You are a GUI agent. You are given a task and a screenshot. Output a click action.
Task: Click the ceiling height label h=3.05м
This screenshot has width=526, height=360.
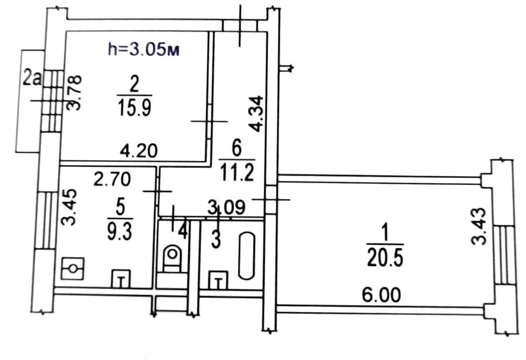(x=144, y=50)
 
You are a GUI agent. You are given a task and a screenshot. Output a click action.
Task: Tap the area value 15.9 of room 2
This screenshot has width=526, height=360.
(x=135, y=108)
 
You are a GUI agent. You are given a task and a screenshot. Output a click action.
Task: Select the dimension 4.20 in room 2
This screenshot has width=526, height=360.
(x=139, y=151)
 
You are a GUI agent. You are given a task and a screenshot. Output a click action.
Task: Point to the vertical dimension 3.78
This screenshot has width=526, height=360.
(x=74, y=92)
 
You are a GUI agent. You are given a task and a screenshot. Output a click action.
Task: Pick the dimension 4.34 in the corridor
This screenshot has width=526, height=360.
(x=256, y=114)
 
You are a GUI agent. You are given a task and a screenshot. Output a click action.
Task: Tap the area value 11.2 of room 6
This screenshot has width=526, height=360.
(x=237, y=173)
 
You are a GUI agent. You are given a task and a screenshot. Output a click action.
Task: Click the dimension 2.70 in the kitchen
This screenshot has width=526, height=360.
(x=112, y=179)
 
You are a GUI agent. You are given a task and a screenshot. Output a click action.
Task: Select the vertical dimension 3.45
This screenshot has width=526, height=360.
(x=70, y=207)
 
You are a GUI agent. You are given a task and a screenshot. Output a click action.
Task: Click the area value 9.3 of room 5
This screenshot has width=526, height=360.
(x=120, y=232)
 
